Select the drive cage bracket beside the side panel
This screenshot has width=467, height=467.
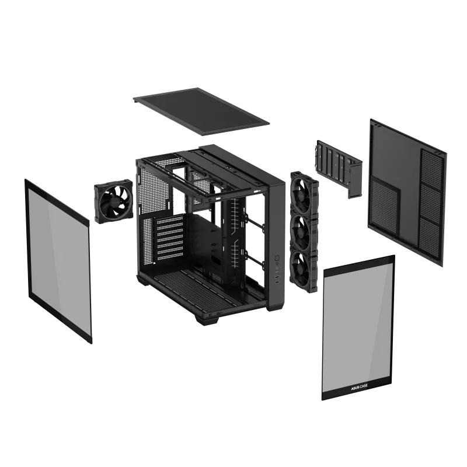339,166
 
